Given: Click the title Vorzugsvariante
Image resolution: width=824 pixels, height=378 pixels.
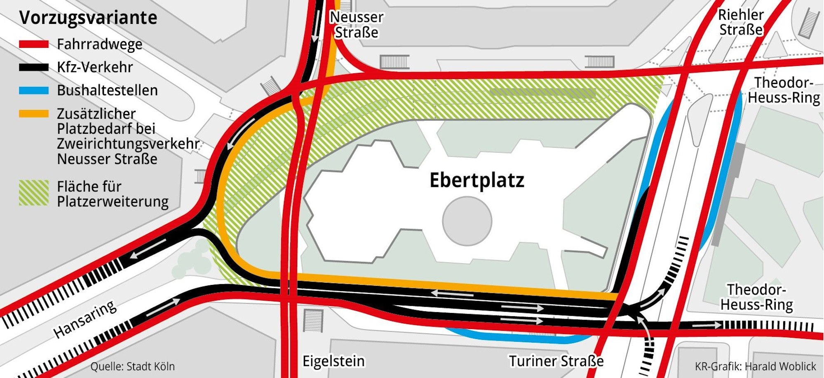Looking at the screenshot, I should point(88,18).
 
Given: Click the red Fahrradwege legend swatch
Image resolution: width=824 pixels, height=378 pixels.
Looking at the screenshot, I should point(34,44).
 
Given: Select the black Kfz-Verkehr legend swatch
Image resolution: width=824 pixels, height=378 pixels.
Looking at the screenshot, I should point(34,67).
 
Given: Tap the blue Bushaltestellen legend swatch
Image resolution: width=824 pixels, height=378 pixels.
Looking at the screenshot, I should point(34,90).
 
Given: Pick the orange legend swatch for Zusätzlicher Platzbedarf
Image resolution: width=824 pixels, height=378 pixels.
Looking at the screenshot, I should point(34,114).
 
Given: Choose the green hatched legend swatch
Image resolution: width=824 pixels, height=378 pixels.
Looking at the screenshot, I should point(34,193).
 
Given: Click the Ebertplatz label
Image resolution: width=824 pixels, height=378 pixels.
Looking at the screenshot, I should point(477,180).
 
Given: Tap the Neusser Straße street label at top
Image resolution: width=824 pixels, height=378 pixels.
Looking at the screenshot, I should point(357,25).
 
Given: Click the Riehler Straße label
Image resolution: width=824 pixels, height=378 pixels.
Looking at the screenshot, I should point(741,22).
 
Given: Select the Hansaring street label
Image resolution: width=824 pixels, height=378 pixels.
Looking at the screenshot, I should point(85,319).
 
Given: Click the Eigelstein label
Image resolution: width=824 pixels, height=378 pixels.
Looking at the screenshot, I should point(333,361).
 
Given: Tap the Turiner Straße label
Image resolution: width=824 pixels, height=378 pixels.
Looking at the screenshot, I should point(556,361).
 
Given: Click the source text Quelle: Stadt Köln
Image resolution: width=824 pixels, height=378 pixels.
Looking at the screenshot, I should point(132,366).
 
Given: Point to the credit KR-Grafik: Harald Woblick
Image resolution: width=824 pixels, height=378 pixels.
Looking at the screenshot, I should point(755,366).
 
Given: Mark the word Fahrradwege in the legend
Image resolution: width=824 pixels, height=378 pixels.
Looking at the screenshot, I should point(100,44).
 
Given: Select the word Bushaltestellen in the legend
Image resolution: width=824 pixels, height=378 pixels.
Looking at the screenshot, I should point(107,91).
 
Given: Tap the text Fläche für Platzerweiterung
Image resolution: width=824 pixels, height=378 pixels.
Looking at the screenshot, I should point(113,194).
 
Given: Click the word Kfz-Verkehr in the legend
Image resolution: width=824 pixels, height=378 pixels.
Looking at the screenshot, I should point(95,68).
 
